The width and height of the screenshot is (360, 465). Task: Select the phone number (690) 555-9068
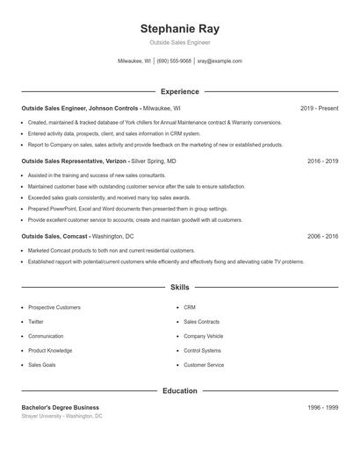[x=174, y=61]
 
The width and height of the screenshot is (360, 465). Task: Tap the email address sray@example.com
[x=219, y=61]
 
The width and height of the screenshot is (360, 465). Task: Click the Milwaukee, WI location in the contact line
[x=134, y=61]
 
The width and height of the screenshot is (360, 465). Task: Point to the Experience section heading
[x=179, y=91]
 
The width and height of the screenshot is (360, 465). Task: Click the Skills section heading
[x=179, y=287]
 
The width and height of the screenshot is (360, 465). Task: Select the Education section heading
[x=179, y=390]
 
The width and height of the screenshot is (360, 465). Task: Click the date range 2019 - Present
[x=319, y=108]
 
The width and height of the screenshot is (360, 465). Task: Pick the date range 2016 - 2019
[x=322, y=161]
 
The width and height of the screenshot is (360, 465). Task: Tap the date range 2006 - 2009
[x=322, y=236]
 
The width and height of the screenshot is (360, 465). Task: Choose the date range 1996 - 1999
[x=322, y=407]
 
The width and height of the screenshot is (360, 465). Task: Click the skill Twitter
[x=36, y=322]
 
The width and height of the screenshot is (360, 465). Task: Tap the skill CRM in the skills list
[x=190, y=308]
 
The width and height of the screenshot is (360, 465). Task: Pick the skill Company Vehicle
[x=203, y=336]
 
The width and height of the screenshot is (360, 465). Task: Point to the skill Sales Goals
[x=41, y=364]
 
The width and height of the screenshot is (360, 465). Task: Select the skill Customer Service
[x=204, y=364]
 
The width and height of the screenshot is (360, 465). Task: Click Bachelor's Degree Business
[x=60, y=407]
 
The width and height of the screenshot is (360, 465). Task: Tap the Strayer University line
[x=61, y=416]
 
